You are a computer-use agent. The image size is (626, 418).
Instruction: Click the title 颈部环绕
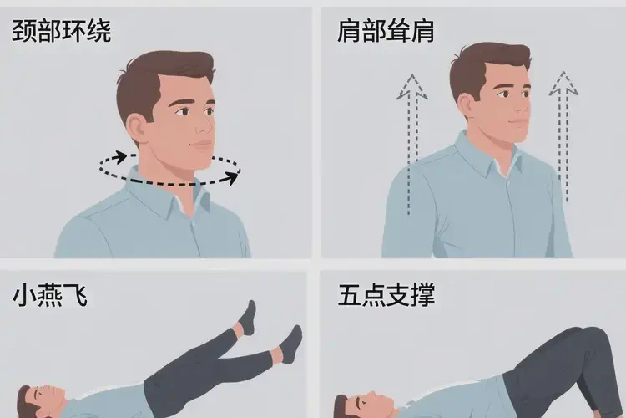coord(62,32)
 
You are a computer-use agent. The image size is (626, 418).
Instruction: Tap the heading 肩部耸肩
coord(386,32)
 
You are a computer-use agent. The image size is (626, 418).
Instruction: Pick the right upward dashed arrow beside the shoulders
coord(565,138)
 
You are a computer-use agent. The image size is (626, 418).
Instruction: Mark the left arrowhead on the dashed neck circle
coord(122,156)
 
